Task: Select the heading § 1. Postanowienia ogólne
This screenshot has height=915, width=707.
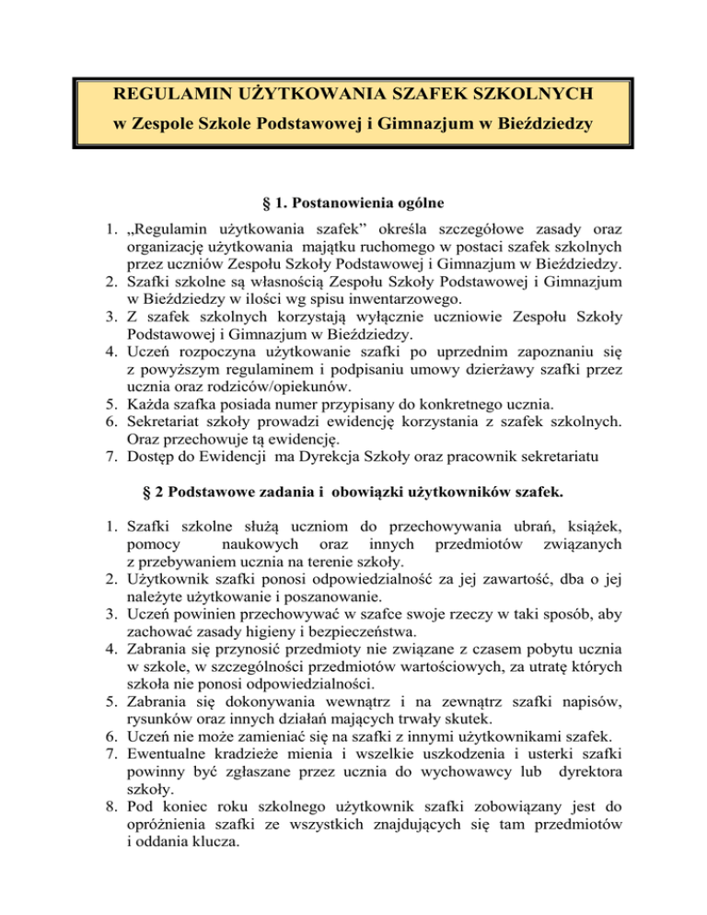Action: [x=353, y=222]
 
